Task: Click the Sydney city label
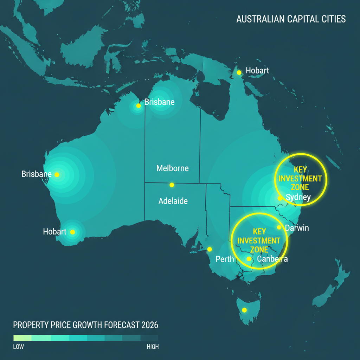pyautogui.click(x=298, y=197)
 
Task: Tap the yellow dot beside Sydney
pyautogui.click(x=280, y=198)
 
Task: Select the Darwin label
pyautogui.click(x=297, y=228)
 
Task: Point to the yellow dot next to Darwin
pyautogui.click(x=279, y=227)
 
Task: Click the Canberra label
pyautogui.click(x=272, y=259)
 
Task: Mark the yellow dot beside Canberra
pyautogui.click(x=249, y=259)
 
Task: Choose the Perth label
pyautogui.click(x=225, y=259)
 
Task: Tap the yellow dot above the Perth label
pyautogui.click(x=210, y=249)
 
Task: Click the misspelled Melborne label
pyautogui.click(x=172, y=168)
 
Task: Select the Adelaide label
pyautogui.click(x=173, y=201)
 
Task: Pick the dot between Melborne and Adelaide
pyautogui.click(x=172, y=185)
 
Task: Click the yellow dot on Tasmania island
pyautogui.click(x=244, y=310)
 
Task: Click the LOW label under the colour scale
pyautogui.click(x=19, y=347)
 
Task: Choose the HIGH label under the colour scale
pyautogui.click(x=153, y=347)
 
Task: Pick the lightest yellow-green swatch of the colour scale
pyautogui.click(x=22, y=338)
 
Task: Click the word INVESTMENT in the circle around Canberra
pyautogui.click(x=259, y=241)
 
